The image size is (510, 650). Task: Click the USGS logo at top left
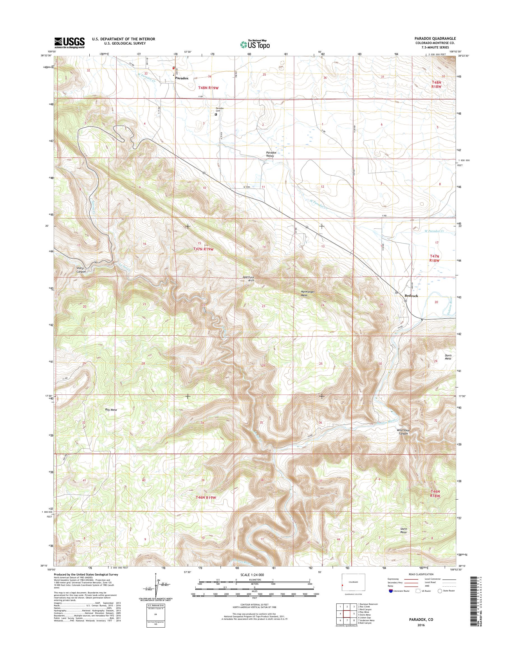69,43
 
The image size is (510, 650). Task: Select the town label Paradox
182,78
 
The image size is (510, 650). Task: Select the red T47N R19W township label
201,249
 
